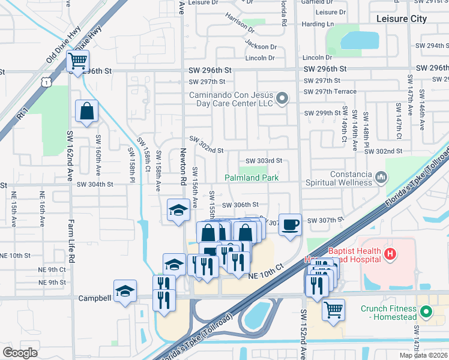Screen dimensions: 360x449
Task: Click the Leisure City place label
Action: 402,19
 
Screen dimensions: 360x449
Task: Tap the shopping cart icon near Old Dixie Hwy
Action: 77,61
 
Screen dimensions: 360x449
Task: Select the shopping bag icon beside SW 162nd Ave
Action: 87,112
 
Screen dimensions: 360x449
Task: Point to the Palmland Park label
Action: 252,178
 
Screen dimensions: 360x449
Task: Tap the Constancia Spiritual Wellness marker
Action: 381,178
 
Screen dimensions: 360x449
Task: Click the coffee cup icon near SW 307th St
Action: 291,225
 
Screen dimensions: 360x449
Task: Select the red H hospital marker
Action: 391,254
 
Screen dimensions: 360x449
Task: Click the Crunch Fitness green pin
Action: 426,313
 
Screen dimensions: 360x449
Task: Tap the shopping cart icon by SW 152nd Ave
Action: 333,310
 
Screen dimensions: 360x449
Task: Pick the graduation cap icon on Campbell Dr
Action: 125,292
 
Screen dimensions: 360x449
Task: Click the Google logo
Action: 20,353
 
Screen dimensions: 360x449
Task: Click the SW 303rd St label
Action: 264,161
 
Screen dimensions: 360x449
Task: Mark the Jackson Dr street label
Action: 261,46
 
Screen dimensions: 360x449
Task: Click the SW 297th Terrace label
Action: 330,92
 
